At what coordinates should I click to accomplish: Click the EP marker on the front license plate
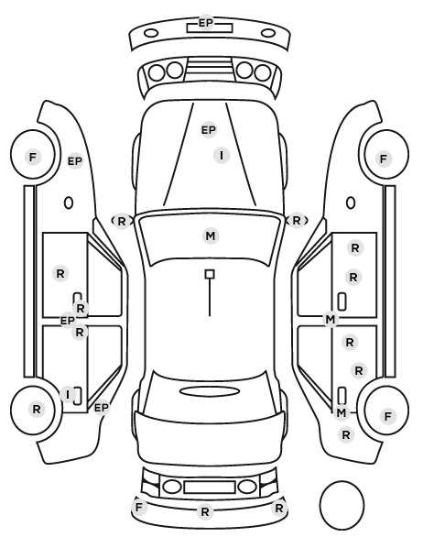(206, 23)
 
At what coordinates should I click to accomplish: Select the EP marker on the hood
(209, 130)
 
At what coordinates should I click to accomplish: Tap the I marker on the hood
(222, 155)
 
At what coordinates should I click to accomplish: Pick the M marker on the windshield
(211, 236)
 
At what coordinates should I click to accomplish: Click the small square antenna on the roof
(210, 274)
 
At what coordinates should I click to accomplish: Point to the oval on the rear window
(210, 392)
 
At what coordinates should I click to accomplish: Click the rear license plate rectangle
(210, 488)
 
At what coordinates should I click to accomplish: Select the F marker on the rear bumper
(139, 507)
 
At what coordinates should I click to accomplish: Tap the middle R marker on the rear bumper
(205, 512)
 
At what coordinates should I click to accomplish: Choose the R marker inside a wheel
(37, 410)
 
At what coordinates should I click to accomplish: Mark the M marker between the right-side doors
(331, 319)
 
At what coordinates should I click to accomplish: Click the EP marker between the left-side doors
(68, 320)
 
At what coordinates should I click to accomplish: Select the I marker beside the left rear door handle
(68, 395)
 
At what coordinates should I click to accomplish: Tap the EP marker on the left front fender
(75, 161)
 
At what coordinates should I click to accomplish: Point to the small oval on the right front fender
(351, 203)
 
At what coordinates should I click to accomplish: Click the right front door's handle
(342, 301)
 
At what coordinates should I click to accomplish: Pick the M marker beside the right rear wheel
(342, 412)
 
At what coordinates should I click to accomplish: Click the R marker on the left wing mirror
(121, 221)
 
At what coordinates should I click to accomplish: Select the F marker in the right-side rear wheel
(387, 416)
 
